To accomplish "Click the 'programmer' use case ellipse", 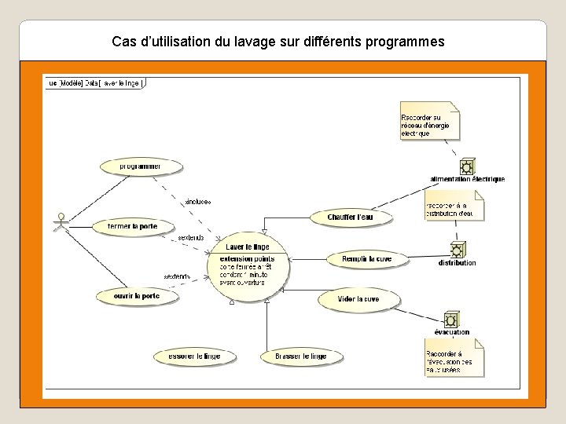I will (x=141, y=166).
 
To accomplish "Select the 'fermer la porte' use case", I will (x=133, y=226).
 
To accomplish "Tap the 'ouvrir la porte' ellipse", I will (x=136, y=296).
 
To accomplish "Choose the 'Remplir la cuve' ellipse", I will (x=366, y=258).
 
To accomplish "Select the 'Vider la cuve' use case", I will (x=358, y=299).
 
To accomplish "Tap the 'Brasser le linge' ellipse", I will (x=300, y=356).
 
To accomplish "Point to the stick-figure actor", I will (x=57, y=225).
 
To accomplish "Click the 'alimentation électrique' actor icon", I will (x=467, y=166).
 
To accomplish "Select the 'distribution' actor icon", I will (x=457, y=250).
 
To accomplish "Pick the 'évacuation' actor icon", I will (x=451, y=320).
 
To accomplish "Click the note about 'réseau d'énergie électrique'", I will (x=429, y=122).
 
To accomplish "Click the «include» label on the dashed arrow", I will (x=197, y=201).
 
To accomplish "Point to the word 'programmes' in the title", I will (x=406, y=40).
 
